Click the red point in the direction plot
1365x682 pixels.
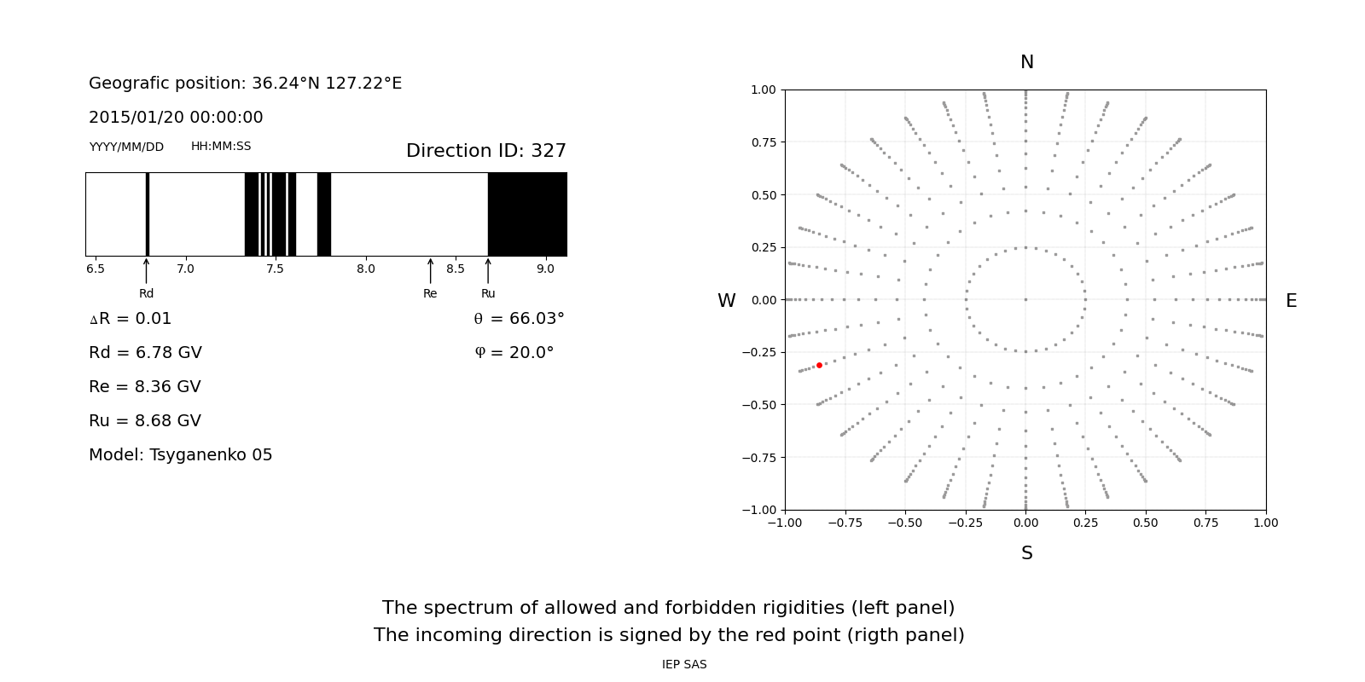(819, 365)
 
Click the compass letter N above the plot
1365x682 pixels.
(1026, 62)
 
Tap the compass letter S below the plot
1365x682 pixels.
(1026, 553)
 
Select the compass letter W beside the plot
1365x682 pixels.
(726, 301)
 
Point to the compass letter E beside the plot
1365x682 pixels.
(1291, 301)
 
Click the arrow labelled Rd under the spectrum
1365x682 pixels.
(147, 271)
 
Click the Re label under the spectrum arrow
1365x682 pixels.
(430, 294)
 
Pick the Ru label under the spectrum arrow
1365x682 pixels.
(488, 294)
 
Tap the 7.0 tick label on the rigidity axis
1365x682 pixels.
(185, 269)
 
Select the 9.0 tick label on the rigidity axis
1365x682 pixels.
(545, 269)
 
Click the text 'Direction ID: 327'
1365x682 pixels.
(485, 151)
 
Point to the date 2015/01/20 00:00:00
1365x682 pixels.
(176, 118)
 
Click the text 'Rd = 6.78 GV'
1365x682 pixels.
(145, 353)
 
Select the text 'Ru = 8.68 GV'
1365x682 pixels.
(145, 421)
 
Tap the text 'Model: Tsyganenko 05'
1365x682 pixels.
(181, 455)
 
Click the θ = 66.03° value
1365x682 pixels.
(519, 319)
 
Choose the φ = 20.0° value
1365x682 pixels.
(514, 353)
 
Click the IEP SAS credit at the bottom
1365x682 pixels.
(684, 665)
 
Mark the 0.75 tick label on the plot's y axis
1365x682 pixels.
(763, 142)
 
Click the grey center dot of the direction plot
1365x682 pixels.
(1025, 299)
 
